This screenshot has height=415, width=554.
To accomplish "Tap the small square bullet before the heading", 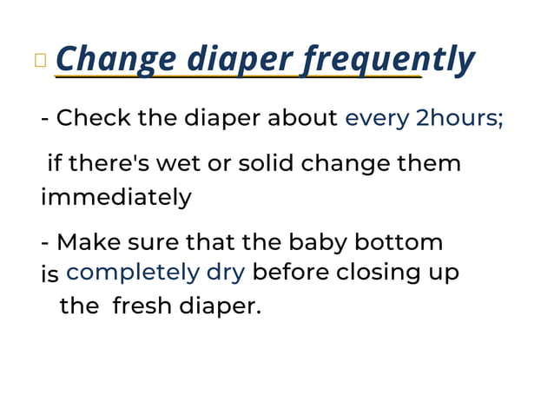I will click(x=40, y=60).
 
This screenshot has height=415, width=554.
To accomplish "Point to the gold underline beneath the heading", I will click(x=238, y=77).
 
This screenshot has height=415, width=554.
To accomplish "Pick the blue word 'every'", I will click(x=377, y=118).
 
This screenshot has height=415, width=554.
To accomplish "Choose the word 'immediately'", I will click(x=115, y=197).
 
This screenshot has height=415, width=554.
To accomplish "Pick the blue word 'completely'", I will click(x=133, y=273).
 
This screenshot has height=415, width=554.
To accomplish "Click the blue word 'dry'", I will click(x=225, y=273).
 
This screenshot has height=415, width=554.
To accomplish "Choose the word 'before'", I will click(x=290, y=273).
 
